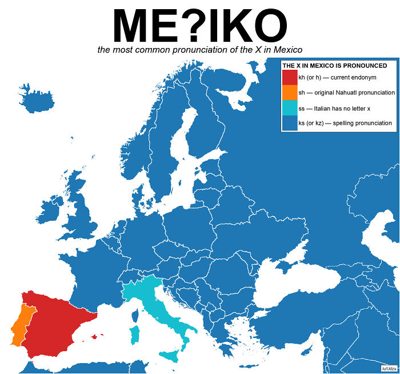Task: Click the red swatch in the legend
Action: pos(290,77)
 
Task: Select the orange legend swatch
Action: pos(290,93)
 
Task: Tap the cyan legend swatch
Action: pos(290,108)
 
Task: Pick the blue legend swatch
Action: pos(290,124)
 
